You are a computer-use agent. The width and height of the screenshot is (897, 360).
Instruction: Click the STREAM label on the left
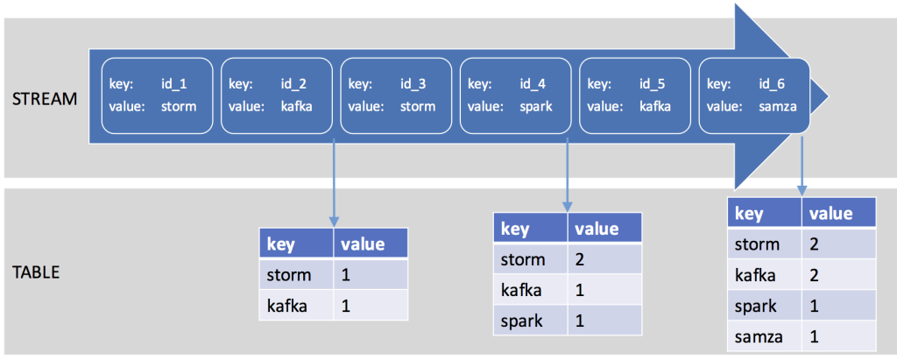(45, 98)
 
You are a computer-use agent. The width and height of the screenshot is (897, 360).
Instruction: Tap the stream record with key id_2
(277, 95)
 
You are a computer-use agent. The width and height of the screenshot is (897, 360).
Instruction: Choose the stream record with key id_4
(516, 95)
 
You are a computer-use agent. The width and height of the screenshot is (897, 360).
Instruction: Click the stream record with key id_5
(635, 95)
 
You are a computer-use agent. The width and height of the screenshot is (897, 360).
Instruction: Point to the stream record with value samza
(754, 95)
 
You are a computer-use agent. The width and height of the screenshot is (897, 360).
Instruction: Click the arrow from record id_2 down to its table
(334, 180)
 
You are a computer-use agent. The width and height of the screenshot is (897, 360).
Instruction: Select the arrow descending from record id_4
(568, 171)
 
